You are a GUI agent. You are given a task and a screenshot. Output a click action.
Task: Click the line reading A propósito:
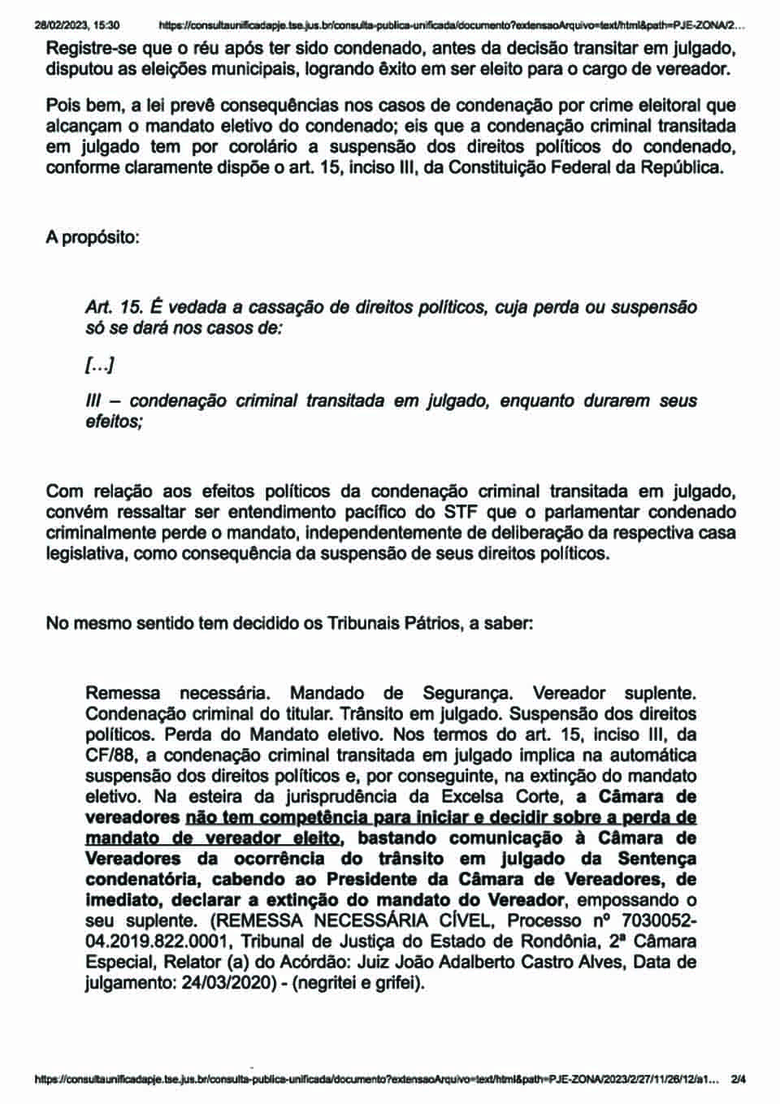point(93,238)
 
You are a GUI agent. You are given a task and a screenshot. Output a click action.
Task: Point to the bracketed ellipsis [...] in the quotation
point(99,366)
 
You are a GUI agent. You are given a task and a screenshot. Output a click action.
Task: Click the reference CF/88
point(110,755)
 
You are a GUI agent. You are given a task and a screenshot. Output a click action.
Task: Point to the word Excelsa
point(475,797)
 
